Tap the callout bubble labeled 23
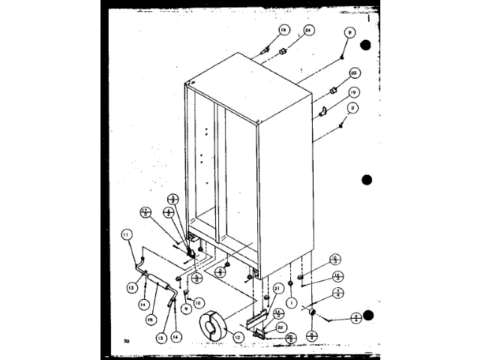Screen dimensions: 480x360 [x=355, y=73]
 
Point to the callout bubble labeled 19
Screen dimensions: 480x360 [x=352, y=91]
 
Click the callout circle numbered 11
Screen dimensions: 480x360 [x=126, y=236]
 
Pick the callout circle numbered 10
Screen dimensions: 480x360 [x=199, y=302]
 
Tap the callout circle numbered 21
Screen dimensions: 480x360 [x=277, y=288]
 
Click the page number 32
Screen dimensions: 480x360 [x=127, y=343]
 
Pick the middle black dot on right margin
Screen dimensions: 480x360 [x=367, y=180]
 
